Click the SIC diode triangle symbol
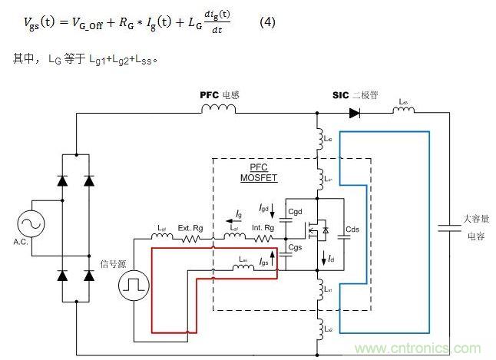point(355,113)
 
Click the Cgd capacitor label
point(296,212)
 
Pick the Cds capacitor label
point(353,229)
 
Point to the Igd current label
point(265,208)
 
